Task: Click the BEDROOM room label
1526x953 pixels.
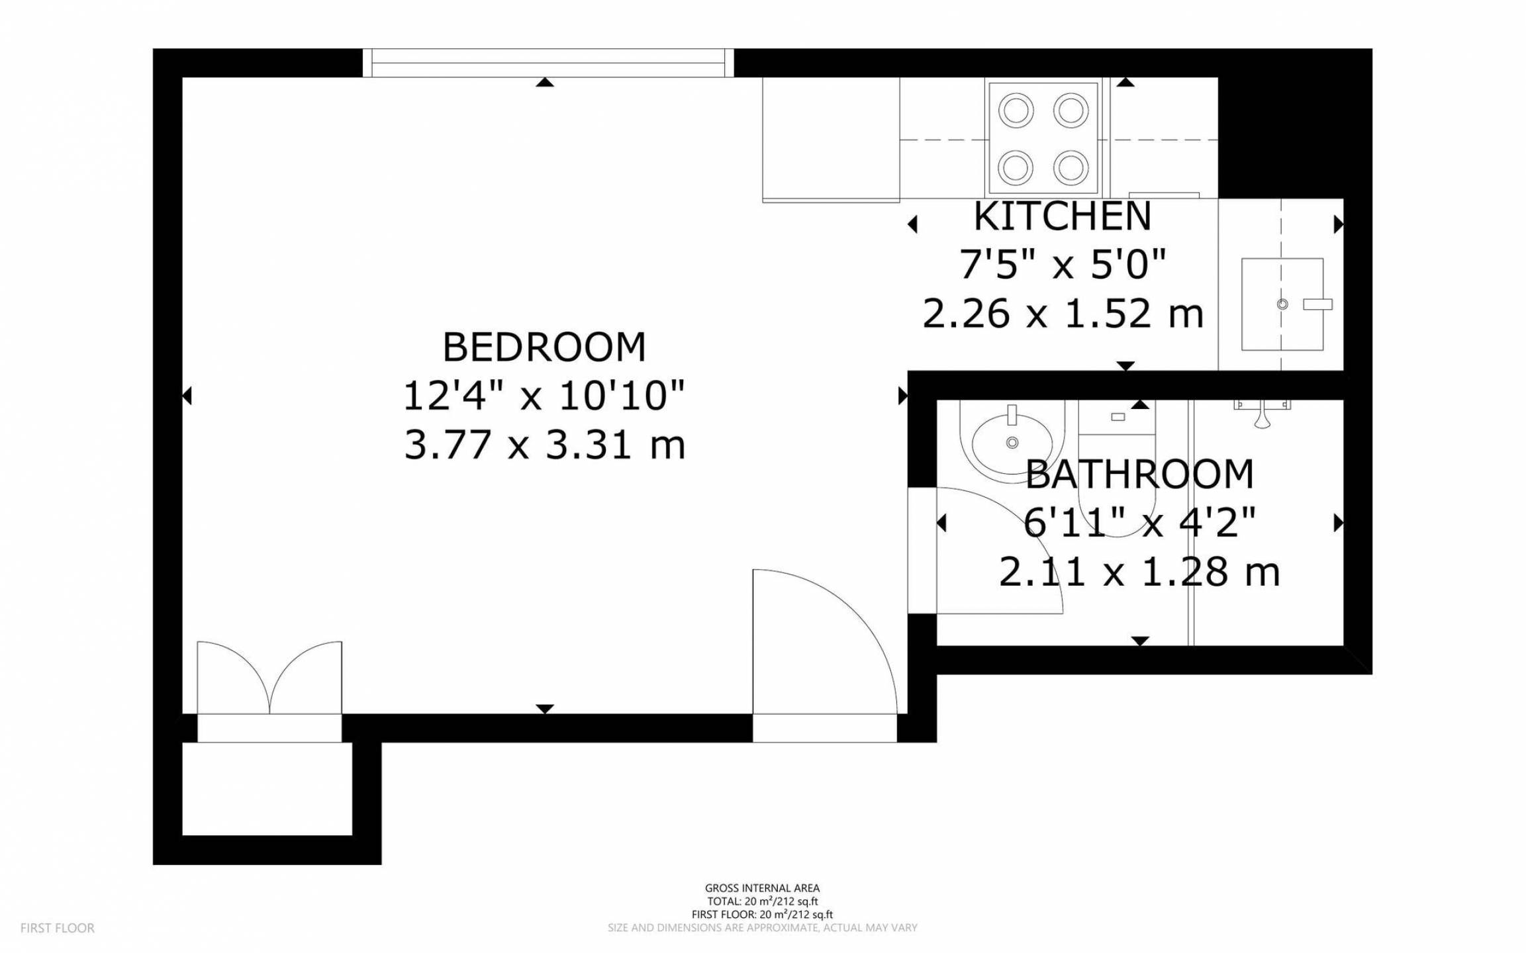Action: pyautogui.click(x=544, y=347)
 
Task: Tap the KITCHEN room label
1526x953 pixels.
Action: pyautogui.click(x=1063, y=216)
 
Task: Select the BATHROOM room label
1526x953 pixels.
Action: pyautogui.click(x=1139, y=475)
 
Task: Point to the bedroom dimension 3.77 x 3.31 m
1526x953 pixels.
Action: pyautogui.click(x=544, y=444)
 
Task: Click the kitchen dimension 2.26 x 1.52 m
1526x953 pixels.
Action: pyautogui.click(x=1063, y=314)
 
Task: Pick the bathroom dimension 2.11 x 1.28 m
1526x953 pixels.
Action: pyautogui.click(x=1139, y=572)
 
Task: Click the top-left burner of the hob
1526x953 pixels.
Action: pyautogui.click(x=1016, y=111)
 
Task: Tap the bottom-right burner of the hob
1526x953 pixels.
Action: pyautogui.click(x=1071, y=167)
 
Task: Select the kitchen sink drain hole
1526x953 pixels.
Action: pyautogui.click(x=1282, y=304)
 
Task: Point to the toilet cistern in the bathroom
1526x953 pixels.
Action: pyautogui.click(x=1118, y=417)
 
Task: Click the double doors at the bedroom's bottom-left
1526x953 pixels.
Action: pyautogui.click(x=269, y=678)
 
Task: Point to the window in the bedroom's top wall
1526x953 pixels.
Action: pyautogui.click(x=548, y=63)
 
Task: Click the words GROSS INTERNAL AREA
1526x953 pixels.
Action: pyautogui.click(x=762, y=888)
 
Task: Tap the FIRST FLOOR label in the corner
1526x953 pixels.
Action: pyautogui.click(x=58, y=929)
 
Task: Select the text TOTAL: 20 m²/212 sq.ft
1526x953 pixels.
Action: pyautogui.click(x=762, y=901)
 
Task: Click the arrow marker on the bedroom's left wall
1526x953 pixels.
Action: pyautogui.click(x=187, y=396)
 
